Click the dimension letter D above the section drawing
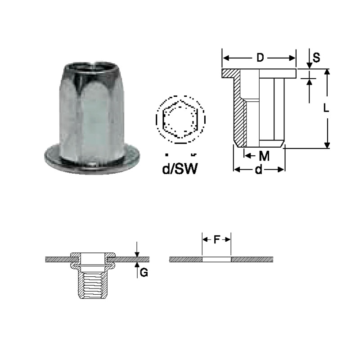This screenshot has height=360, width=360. (x=260, y=58)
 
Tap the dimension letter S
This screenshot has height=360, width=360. (x=316, y=58)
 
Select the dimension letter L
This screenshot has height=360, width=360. (x=326, y=108)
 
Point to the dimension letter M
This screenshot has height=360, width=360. (x=264, y=156)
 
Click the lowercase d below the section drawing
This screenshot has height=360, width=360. (x=258, y=170)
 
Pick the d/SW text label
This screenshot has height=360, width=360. (x=180, y=169)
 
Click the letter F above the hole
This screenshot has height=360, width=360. (x=217, y=240)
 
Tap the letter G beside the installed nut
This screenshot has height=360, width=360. (x=144, y=273)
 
